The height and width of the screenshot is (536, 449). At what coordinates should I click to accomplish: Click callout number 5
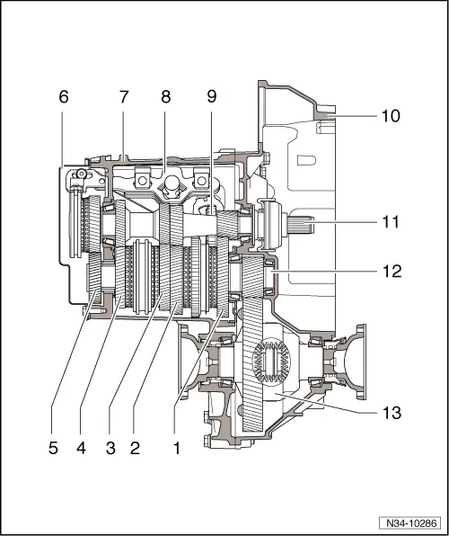(53, 447)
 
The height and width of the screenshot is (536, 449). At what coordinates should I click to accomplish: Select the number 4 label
(84, 447)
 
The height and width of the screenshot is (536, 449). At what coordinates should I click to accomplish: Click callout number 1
(176, 447)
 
